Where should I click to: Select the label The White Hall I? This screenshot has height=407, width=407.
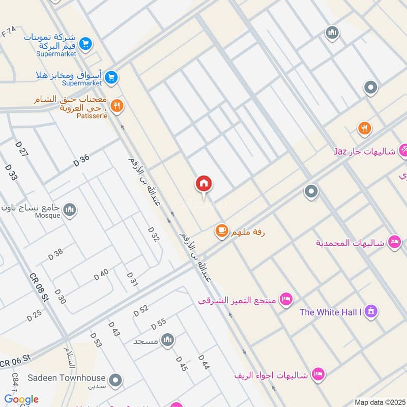330,312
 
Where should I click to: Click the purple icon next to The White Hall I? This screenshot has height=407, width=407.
372,310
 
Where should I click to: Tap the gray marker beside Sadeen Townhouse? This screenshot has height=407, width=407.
117,380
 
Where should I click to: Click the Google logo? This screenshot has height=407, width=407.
21,399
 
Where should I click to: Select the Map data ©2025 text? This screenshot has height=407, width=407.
379,402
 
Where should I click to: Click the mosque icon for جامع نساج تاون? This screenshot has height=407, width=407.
70,210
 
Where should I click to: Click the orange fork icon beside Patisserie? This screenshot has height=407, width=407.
117,106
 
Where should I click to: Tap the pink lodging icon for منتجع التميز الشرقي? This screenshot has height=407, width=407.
286,300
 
